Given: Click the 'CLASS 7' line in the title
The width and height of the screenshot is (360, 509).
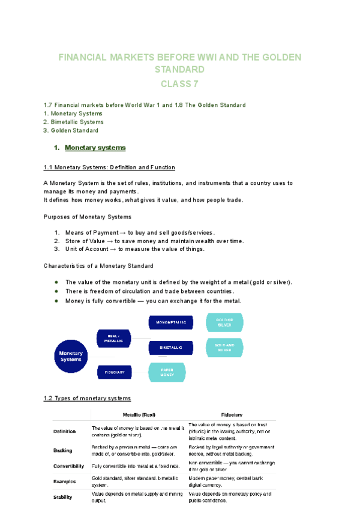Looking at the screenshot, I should tap(179, 83).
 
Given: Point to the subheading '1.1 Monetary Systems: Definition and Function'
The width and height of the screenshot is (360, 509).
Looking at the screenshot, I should tap(109, 167).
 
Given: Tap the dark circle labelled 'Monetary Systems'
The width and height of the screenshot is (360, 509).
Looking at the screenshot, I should tap(71, 356).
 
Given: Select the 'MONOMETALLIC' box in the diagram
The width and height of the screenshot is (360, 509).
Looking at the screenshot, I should tap(171, 322).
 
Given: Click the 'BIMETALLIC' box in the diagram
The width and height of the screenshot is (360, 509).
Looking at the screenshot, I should tap(171, 348).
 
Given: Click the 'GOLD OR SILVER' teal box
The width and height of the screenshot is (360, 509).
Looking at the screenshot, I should tap(224, 322).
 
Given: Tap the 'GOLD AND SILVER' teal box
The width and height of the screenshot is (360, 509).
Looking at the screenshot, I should tap(224, 347).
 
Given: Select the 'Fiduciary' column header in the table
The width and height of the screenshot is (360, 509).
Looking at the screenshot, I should tap(231, 414).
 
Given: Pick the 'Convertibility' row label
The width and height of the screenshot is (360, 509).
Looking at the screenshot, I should tap(72, 466).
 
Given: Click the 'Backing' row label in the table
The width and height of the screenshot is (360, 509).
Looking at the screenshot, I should tap(63, 450).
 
